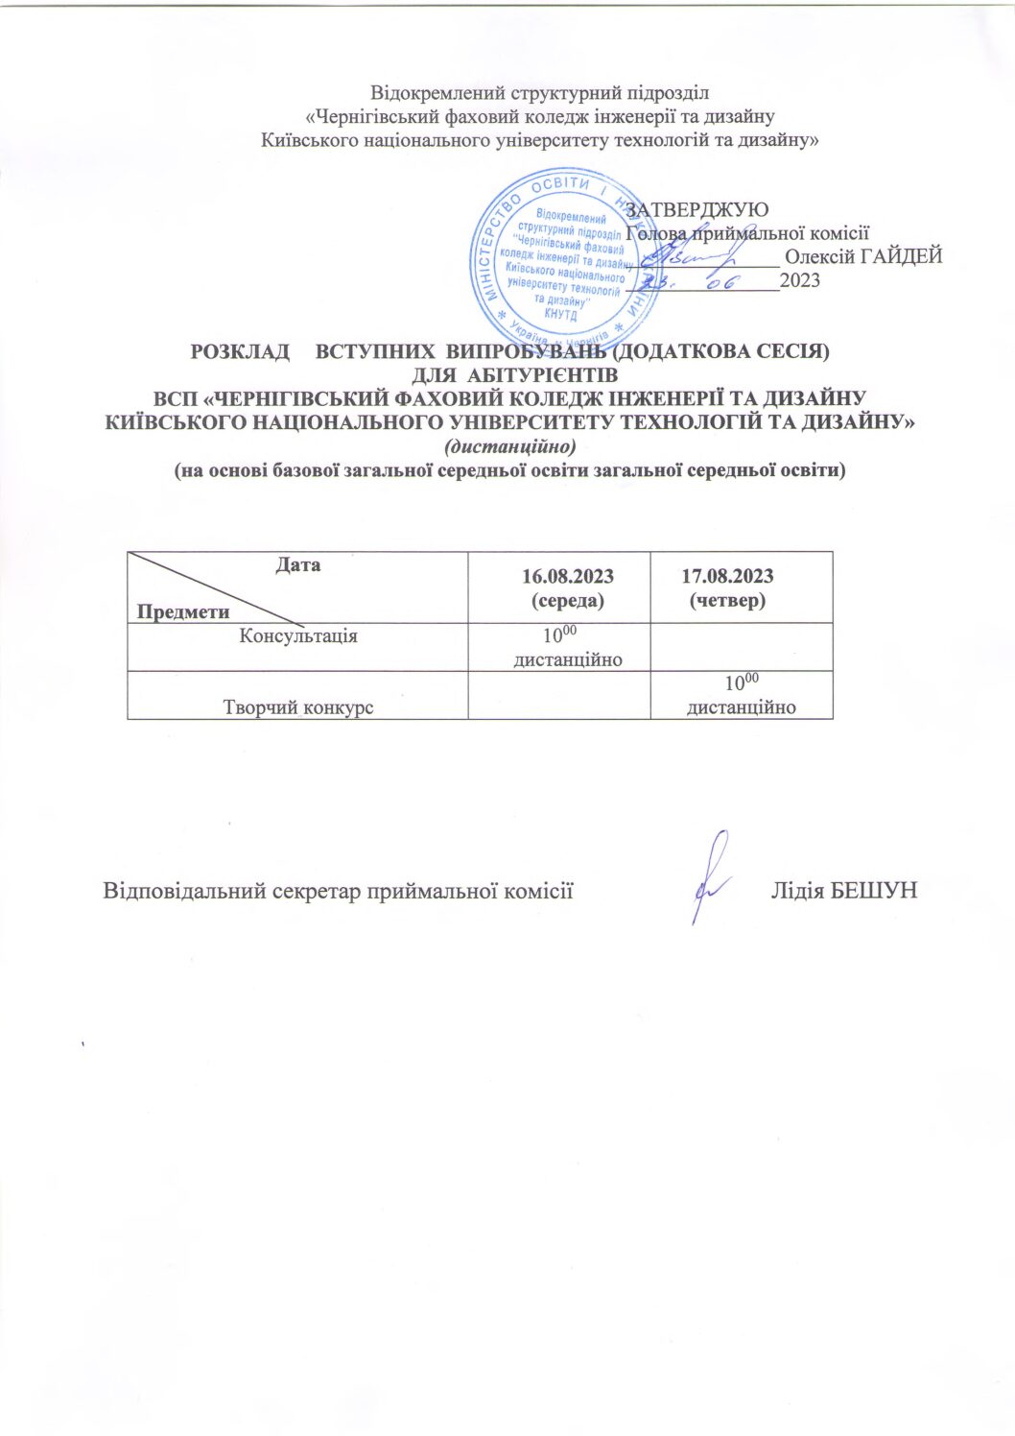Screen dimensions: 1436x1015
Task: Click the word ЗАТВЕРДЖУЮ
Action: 696,208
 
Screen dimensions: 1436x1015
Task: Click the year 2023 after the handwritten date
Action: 800,281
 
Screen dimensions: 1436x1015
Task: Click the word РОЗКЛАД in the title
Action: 240,351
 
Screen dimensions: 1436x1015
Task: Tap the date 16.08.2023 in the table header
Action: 568,577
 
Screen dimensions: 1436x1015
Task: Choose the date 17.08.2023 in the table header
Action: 727,576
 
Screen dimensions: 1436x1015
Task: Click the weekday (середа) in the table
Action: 568,601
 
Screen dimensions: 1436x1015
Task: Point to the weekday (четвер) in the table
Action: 727,600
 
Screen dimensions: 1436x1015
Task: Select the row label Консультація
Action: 297,636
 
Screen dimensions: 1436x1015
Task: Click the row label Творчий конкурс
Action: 297,708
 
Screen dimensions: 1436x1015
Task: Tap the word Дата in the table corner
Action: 297,565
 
